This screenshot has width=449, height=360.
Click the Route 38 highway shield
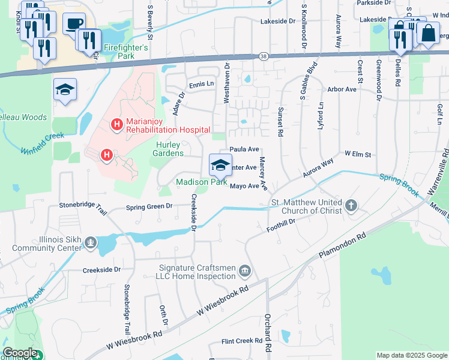[x=264, y=56]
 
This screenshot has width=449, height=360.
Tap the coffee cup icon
[x=74, y=24]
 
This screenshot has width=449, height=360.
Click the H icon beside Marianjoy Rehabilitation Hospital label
[x=116, y=125]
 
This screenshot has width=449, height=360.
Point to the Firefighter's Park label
[x=125, y=47]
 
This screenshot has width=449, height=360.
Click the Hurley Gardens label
[x=170, y=149]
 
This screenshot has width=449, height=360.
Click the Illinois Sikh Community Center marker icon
[x=90, y=242]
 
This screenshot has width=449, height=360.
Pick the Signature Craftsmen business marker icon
[x=244, y=271]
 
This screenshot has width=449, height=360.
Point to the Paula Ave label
[x=244, y=149]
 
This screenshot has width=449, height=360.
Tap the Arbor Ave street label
[x=342, y=89]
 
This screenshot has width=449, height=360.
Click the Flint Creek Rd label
[x=238, y=341]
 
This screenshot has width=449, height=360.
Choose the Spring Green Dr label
[x=149, y=207]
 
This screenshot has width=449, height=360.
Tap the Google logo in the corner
[x=19, y=353]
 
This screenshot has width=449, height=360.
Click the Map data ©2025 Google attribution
[x=411, y=355]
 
